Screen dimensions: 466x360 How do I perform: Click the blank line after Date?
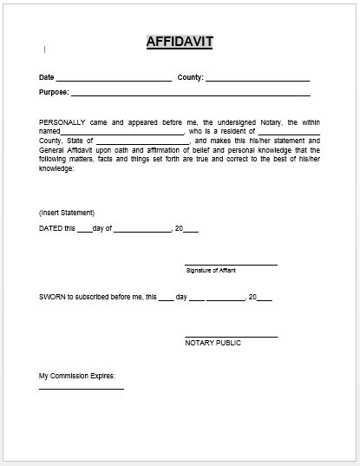click(x=115, y=79)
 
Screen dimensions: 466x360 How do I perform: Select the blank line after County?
click(x=258, y=79)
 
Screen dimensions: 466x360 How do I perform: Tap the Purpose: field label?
click(x=54, y=91)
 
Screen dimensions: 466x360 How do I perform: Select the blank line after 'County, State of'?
click(x=141, y=141)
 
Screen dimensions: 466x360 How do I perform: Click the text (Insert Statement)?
click(x=67, y=213)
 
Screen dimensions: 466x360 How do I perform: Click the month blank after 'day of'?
click(x=142, y=230)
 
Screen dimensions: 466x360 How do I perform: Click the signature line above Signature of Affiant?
click(x=231, y=264)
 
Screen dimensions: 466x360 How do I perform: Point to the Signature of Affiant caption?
click(x=211, y=271)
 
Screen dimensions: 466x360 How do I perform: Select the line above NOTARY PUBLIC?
click(x=231, y=336)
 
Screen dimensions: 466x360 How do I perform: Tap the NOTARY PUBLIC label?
click(x=213, y=343)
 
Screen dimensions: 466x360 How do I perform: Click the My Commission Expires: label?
click(x=77, y=376)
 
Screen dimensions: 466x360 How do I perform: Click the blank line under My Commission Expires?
click(x=82, y=389)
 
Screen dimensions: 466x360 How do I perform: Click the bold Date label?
click(x=47, y=77)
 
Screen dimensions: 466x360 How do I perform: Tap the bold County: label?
click(x=190, y=77)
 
